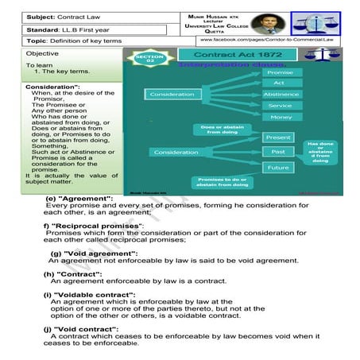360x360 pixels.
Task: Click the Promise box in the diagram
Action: [277, 73]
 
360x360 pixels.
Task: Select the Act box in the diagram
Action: [277, 83]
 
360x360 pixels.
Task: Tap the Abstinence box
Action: [277, 95]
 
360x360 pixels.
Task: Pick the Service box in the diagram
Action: [277, 106]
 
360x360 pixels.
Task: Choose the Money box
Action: [277, 117]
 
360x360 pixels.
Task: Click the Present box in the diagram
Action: [278, 137]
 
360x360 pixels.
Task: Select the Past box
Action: [278, 152]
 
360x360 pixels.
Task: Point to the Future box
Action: [278, 168]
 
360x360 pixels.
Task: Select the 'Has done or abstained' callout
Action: [320, 153]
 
